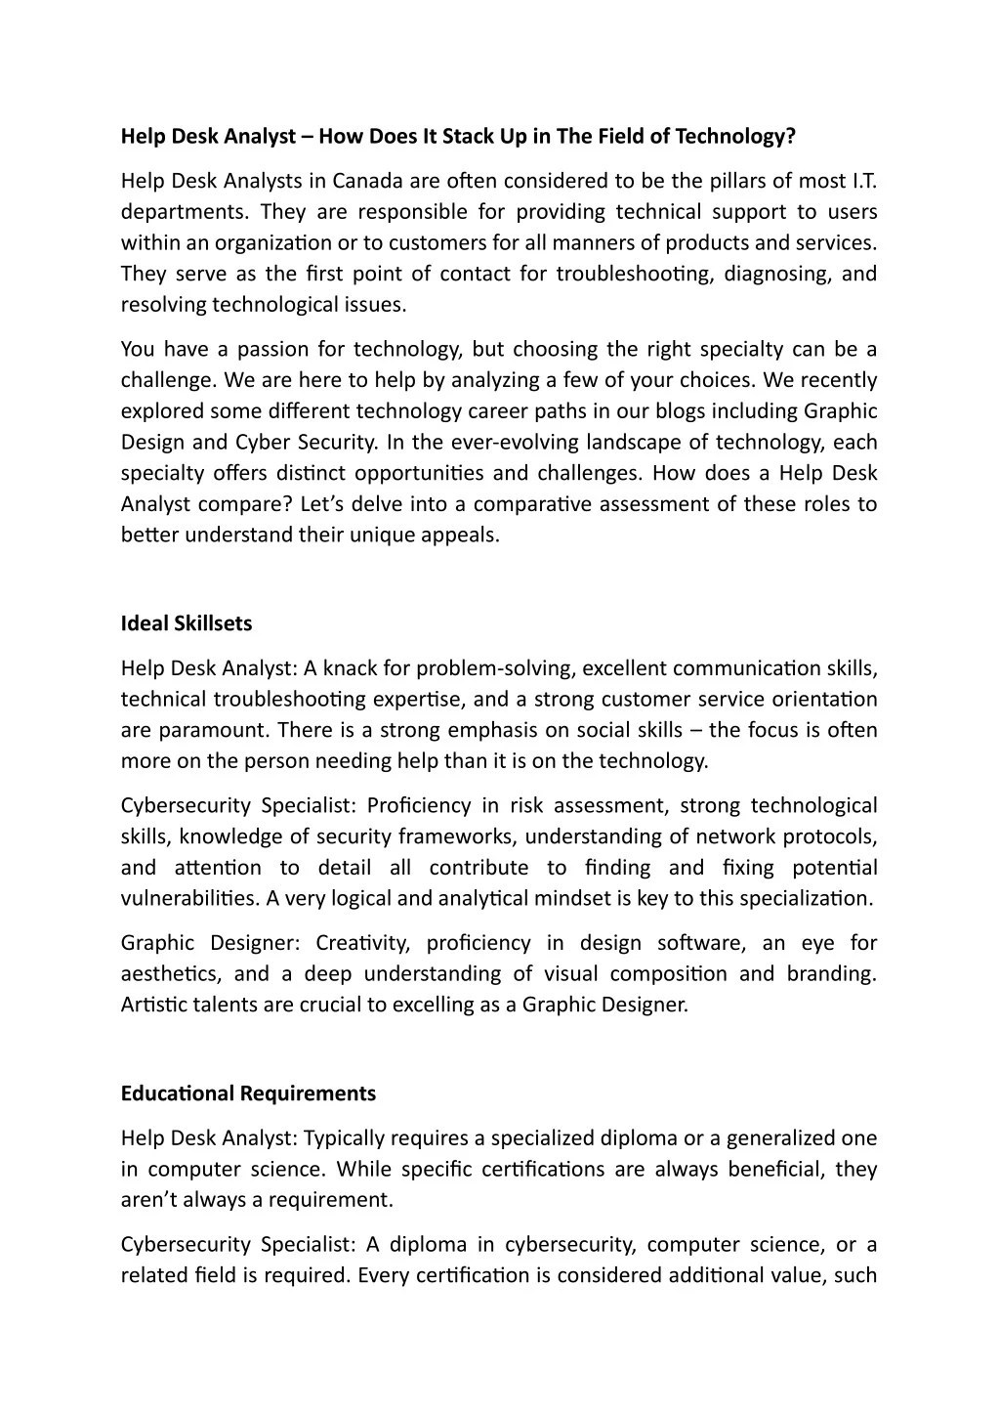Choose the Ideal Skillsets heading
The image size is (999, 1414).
[187, 623]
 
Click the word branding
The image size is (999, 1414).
[828, 974]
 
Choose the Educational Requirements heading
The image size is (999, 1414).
[248, 1093]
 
